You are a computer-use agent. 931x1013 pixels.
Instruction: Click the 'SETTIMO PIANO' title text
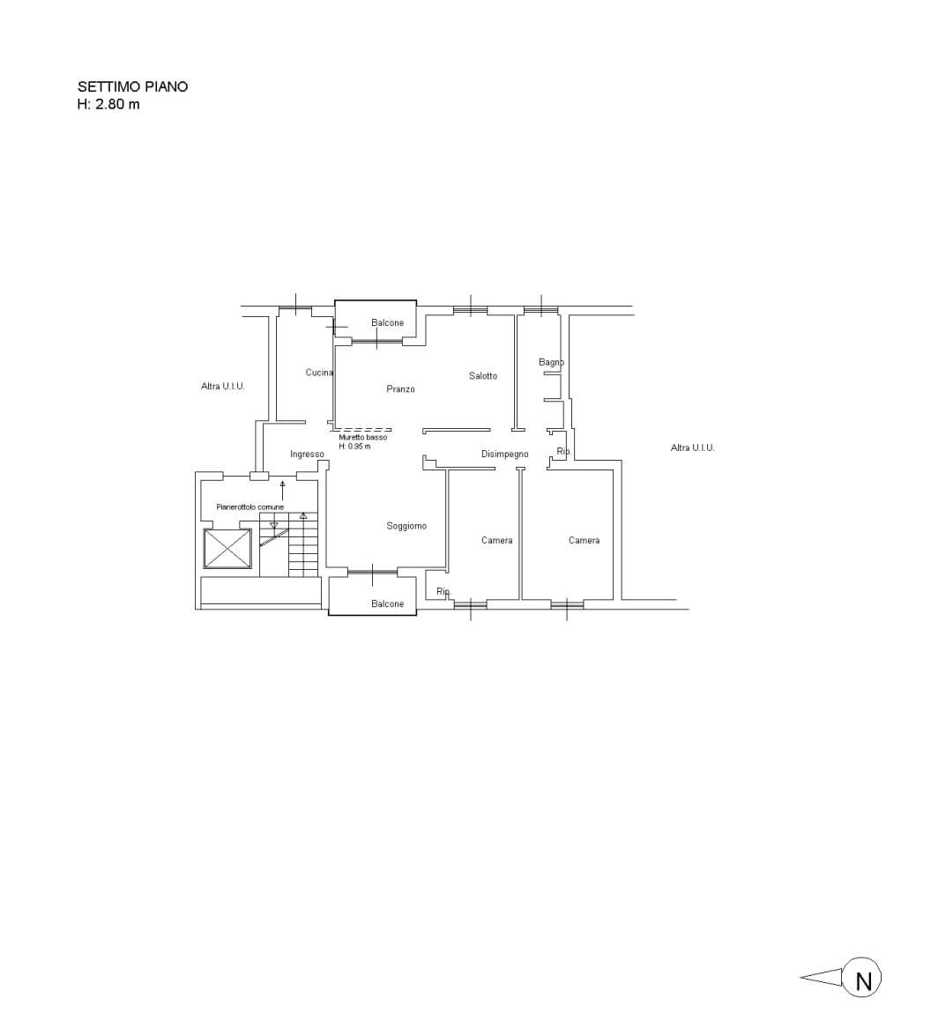(x=132, y=86)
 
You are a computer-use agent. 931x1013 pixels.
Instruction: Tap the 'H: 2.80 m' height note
(x=108, y=104)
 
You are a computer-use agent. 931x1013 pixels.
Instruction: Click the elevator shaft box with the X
(x=227, y=549)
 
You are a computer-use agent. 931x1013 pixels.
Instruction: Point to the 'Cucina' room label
(x=319, y=373)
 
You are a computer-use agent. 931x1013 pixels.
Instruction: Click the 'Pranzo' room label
(x=401, y=389)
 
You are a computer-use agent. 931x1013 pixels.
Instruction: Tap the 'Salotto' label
(x=483, y=376)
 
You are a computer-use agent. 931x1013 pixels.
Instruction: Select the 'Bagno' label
(x=552, y=362)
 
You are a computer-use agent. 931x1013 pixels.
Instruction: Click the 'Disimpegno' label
(x=505, y=455)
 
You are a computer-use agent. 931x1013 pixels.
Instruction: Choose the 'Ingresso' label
(x=307, y=455)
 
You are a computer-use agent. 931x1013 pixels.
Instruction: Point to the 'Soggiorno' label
(x=406, y=526)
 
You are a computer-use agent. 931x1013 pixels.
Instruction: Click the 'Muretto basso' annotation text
(x=363, y=438)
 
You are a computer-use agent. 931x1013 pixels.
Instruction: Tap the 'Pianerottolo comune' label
(x=250, y=507)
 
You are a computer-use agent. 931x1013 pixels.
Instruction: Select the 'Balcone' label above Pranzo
(x=387, y=323)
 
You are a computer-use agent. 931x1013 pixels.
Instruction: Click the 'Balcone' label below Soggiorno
(x=387, y=604)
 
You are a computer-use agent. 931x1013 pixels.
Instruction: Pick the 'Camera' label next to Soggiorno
(x=497, y=540)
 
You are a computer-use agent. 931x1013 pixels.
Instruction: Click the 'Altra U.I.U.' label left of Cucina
(x=223, y=387)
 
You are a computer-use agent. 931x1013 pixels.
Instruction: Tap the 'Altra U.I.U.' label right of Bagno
(x=693, y=447)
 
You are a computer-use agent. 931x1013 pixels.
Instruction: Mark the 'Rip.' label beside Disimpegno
(x=563, y=452)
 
